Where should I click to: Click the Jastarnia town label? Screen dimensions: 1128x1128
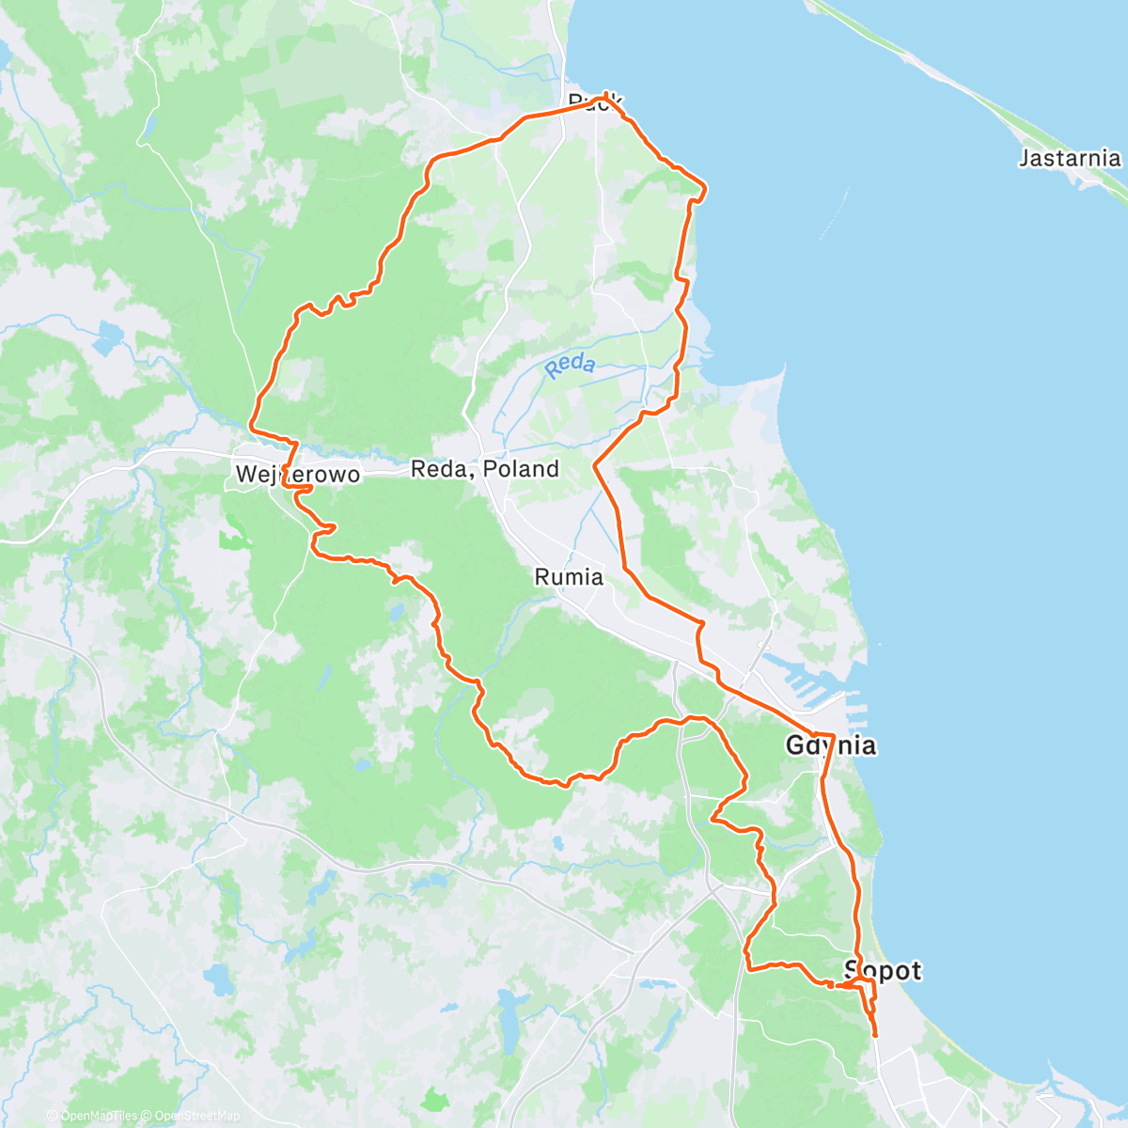pyautogui.click(x=1070, y=158)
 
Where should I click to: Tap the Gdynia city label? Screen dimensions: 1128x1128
pyautogui.click(x=831, y=746)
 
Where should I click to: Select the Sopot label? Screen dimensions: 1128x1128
pyautogui.click(x=883, y=970)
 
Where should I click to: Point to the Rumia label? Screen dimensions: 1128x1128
pyautogui.click(x=569, y=576)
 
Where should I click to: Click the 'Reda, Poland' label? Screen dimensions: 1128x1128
pyautogui.click(x=485, y=469)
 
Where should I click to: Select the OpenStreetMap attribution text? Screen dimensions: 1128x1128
pyautogui.click(x=196, y=1116)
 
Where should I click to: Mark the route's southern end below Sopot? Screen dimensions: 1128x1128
pyautogui.click(x=876, y=1035)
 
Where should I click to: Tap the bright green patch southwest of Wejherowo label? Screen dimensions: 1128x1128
pyautogui.click(x=231, y=539)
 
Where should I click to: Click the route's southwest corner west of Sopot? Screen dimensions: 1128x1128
pyautogui.click(x=748, y=968)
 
